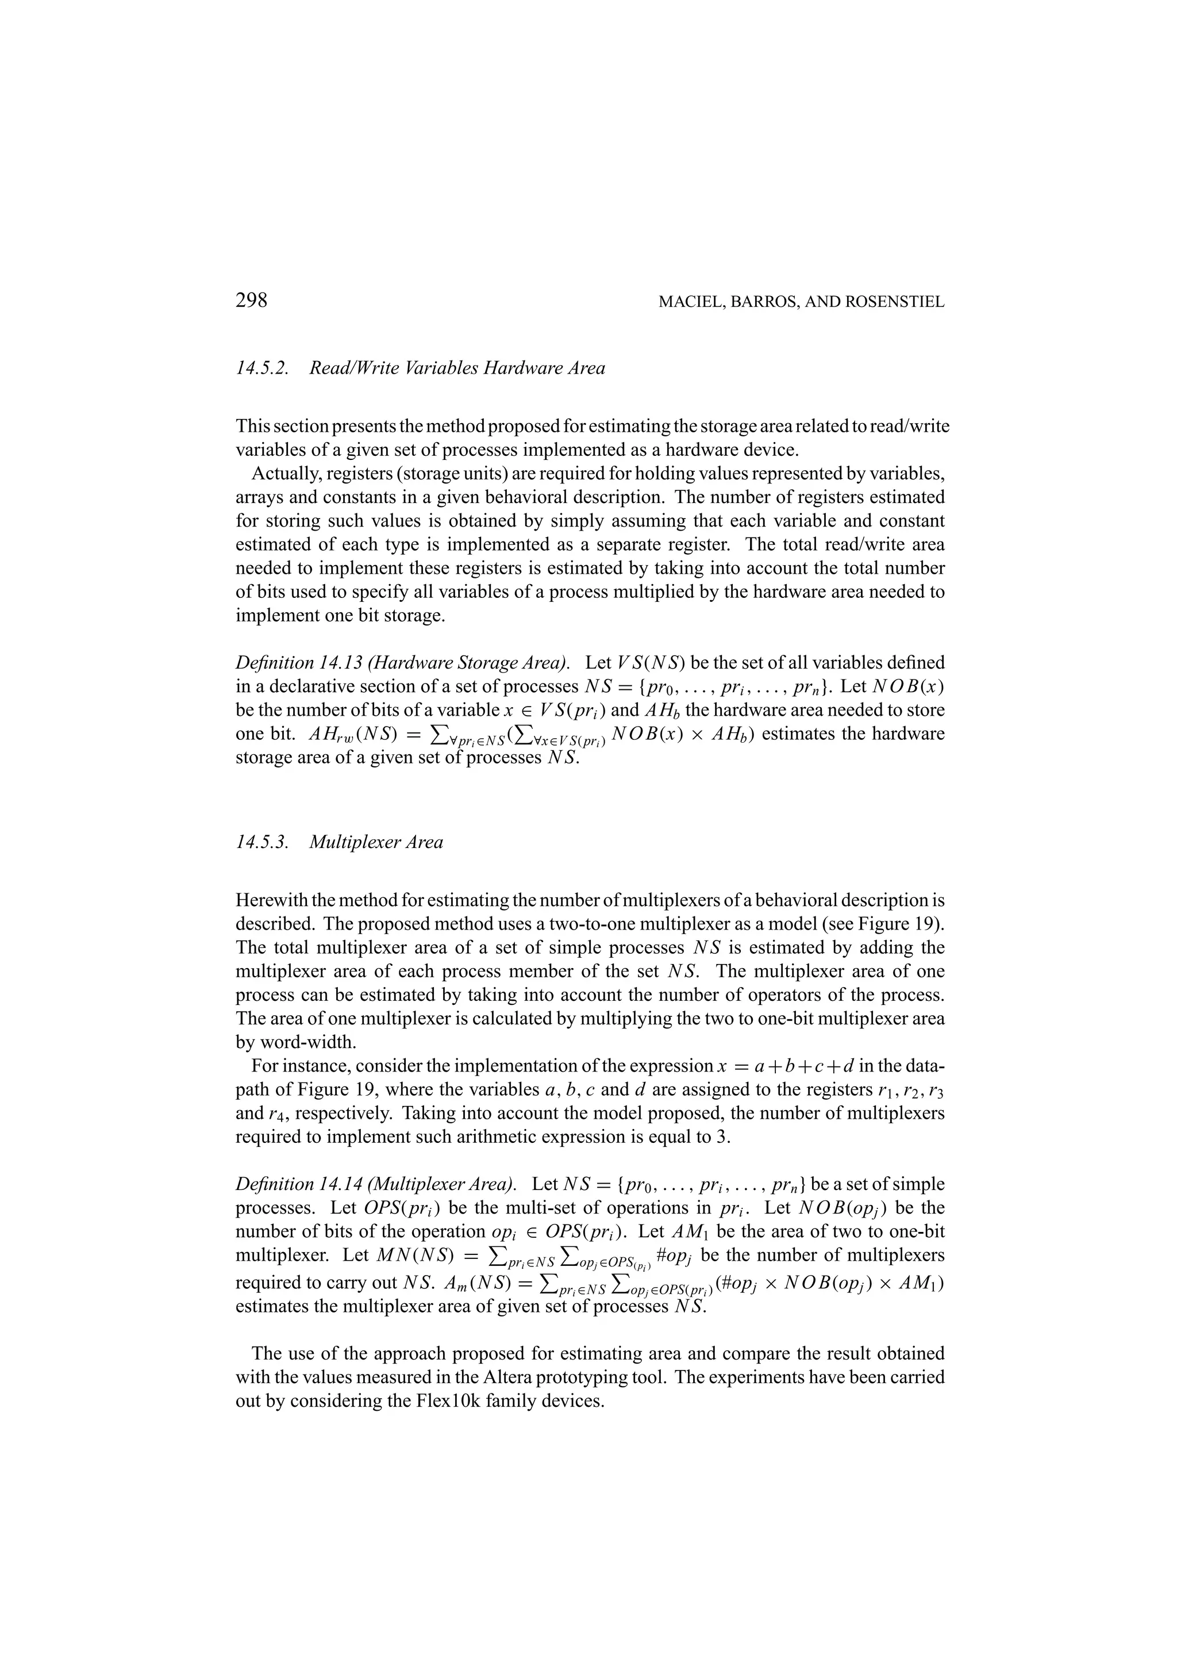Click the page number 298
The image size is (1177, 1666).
[x=252, y=301]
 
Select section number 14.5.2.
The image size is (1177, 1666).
[x=263, y=368]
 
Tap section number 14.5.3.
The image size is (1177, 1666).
[x=263, y=842]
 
